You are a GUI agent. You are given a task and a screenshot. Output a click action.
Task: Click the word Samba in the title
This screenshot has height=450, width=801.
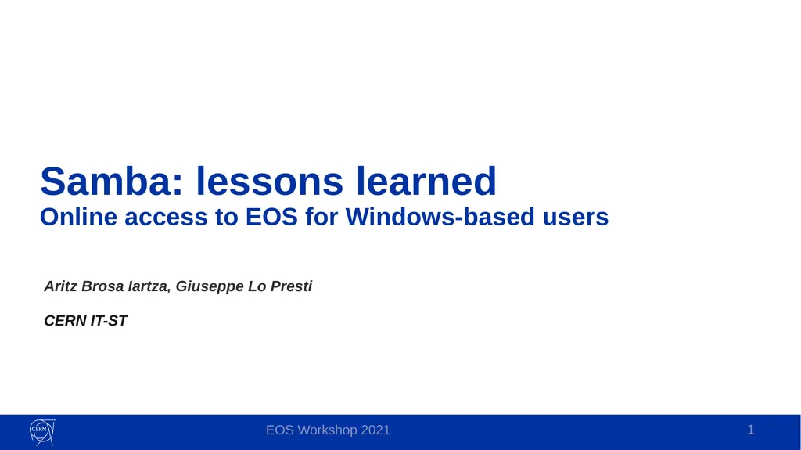point(111,181)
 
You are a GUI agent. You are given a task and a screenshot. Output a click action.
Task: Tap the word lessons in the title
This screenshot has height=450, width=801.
point(270,181)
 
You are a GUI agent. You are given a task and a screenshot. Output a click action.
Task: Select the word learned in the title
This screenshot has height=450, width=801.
point(426,181)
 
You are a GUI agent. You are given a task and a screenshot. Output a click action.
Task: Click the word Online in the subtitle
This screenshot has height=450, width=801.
point(79,217)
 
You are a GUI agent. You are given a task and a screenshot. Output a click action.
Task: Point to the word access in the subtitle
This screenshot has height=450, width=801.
point(166,218)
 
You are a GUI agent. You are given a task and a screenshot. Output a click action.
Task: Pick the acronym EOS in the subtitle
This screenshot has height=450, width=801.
point(271,217)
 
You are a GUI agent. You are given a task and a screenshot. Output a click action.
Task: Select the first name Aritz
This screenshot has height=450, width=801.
point(61,286)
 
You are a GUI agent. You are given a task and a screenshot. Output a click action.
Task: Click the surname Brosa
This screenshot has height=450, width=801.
point(102,286)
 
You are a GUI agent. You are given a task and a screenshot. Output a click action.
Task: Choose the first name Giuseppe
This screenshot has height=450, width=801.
point(210,287)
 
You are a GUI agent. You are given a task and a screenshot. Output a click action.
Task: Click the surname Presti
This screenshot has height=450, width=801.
point(291,286)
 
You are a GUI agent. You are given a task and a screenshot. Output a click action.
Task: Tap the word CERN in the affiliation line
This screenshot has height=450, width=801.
point(66,321)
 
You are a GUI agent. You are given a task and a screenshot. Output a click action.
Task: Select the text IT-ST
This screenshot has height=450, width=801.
point(109,321)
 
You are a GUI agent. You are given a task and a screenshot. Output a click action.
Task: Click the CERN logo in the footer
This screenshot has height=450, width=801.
point(42,432)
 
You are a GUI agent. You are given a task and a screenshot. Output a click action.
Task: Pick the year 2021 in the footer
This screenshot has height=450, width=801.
point(375,430)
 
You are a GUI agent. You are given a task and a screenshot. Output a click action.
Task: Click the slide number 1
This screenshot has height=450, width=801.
point(750,430)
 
